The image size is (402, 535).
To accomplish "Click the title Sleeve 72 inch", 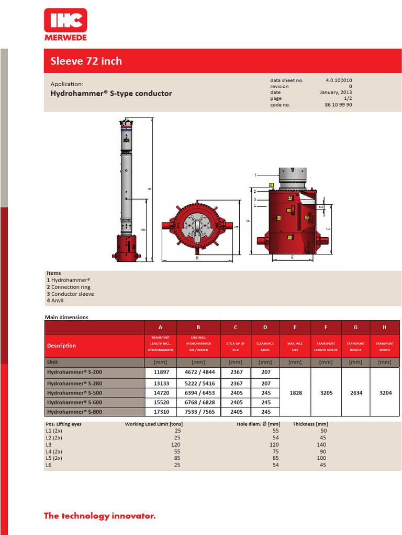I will (86, 61).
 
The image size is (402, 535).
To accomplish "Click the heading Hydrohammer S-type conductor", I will (111, 94).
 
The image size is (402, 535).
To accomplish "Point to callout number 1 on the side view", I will (255, 175).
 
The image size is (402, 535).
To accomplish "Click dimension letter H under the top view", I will (197, 258).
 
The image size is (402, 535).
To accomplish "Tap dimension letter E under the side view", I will (291, 258).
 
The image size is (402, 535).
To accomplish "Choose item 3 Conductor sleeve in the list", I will (71, 294).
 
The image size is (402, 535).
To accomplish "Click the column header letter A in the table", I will (161, 328).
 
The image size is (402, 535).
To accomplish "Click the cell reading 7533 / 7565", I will (198, 411).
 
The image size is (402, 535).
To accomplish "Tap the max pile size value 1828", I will (295, 392).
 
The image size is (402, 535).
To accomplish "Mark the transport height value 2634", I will (355, 392).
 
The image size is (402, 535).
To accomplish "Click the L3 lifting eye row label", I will (49, 444).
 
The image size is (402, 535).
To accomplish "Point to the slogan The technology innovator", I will (100, 516).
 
